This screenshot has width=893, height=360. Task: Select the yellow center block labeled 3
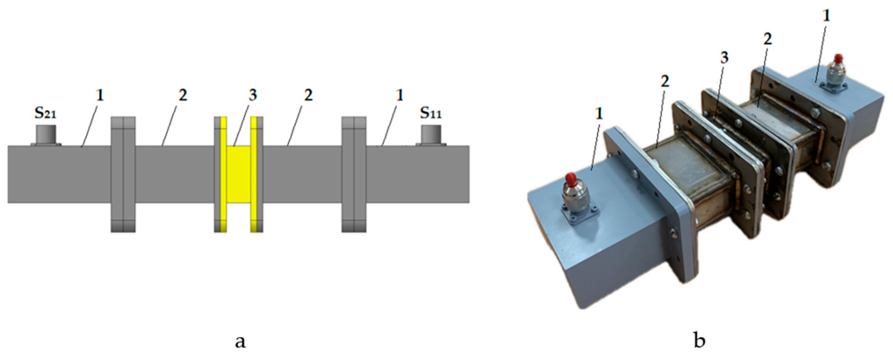(239, 174)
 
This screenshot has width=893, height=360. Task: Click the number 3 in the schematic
(253, 95)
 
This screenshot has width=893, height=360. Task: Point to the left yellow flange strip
(223, 174)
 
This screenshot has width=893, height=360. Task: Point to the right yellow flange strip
(254, 174)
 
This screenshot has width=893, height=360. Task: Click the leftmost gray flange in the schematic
(123, 174)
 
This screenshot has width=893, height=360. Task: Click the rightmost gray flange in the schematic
(354, 174)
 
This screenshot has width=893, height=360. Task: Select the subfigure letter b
(700, 338)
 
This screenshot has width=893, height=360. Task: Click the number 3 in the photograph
(724, 58)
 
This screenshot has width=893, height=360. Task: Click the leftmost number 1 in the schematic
(100, 95)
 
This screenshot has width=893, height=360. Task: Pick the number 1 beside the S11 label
(400, 95)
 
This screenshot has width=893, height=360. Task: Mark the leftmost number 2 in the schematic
(183, 95)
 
